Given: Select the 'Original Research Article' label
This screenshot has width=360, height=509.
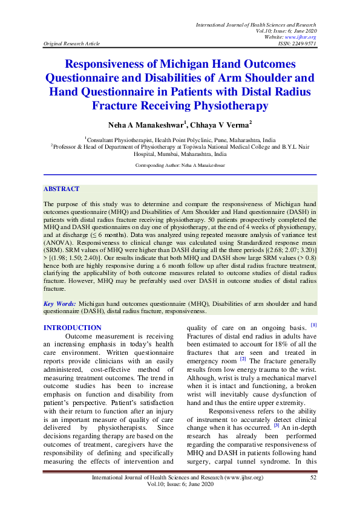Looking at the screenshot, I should pos(68,44).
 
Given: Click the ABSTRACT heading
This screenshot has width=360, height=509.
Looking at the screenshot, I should pos(62,189).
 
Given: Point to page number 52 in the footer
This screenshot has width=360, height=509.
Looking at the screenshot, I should pos(313,478).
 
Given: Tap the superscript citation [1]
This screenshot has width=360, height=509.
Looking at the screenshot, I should pos(314,325).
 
